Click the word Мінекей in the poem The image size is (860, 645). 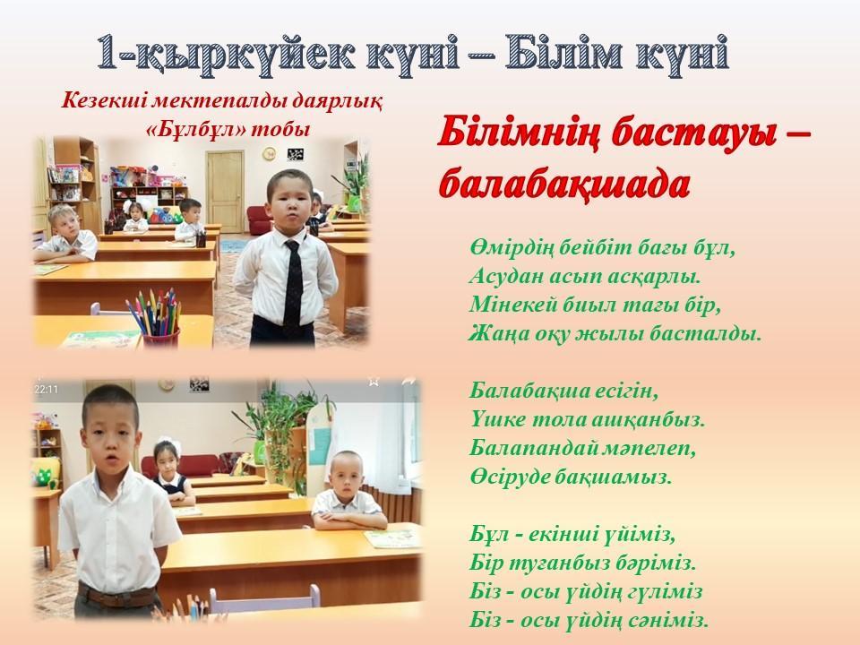pyautogui.click(x=512, y=305)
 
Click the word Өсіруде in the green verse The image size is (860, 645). pyautogui.click(x=508, y=477)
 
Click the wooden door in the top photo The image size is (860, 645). pyautogui.click(x=224, y=191)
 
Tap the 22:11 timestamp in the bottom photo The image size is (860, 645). pyautogui.click(x=46, y=390)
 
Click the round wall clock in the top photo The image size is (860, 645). pyautogui.click(x=270, y=153)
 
